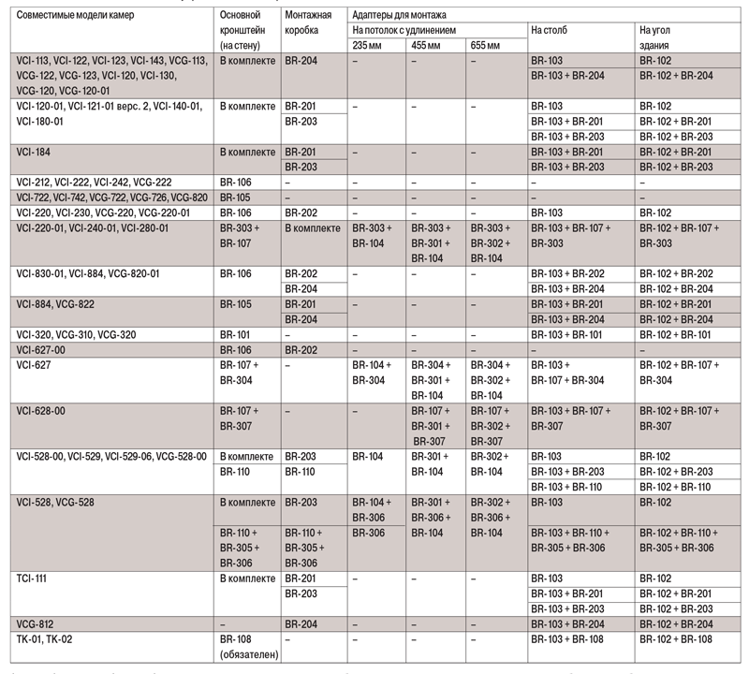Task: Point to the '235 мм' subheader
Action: click(367, 45)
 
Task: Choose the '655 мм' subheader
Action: click(485, 45)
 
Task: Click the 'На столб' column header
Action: click(549, 30)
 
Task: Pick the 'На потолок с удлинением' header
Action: click(404, 30)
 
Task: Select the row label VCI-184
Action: click(35, 152)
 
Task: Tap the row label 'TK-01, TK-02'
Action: click(45, 638)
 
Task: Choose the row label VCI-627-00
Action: click(46, 349)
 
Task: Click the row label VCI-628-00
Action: click(46, 410)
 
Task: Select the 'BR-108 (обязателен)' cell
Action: click(248, 646)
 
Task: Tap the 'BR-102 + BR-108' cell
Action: click(677, 638)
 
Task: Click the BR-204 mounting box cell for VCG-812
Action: click(301, 623)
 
